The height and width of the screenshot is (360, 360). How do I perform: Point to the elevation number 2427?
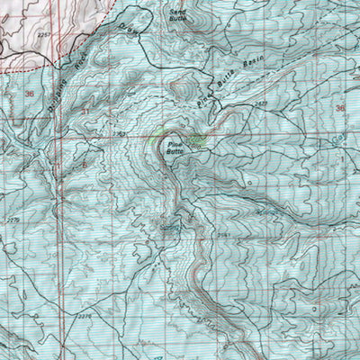261,106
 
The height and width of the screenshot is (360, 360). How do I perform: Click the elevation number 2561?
224,236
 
